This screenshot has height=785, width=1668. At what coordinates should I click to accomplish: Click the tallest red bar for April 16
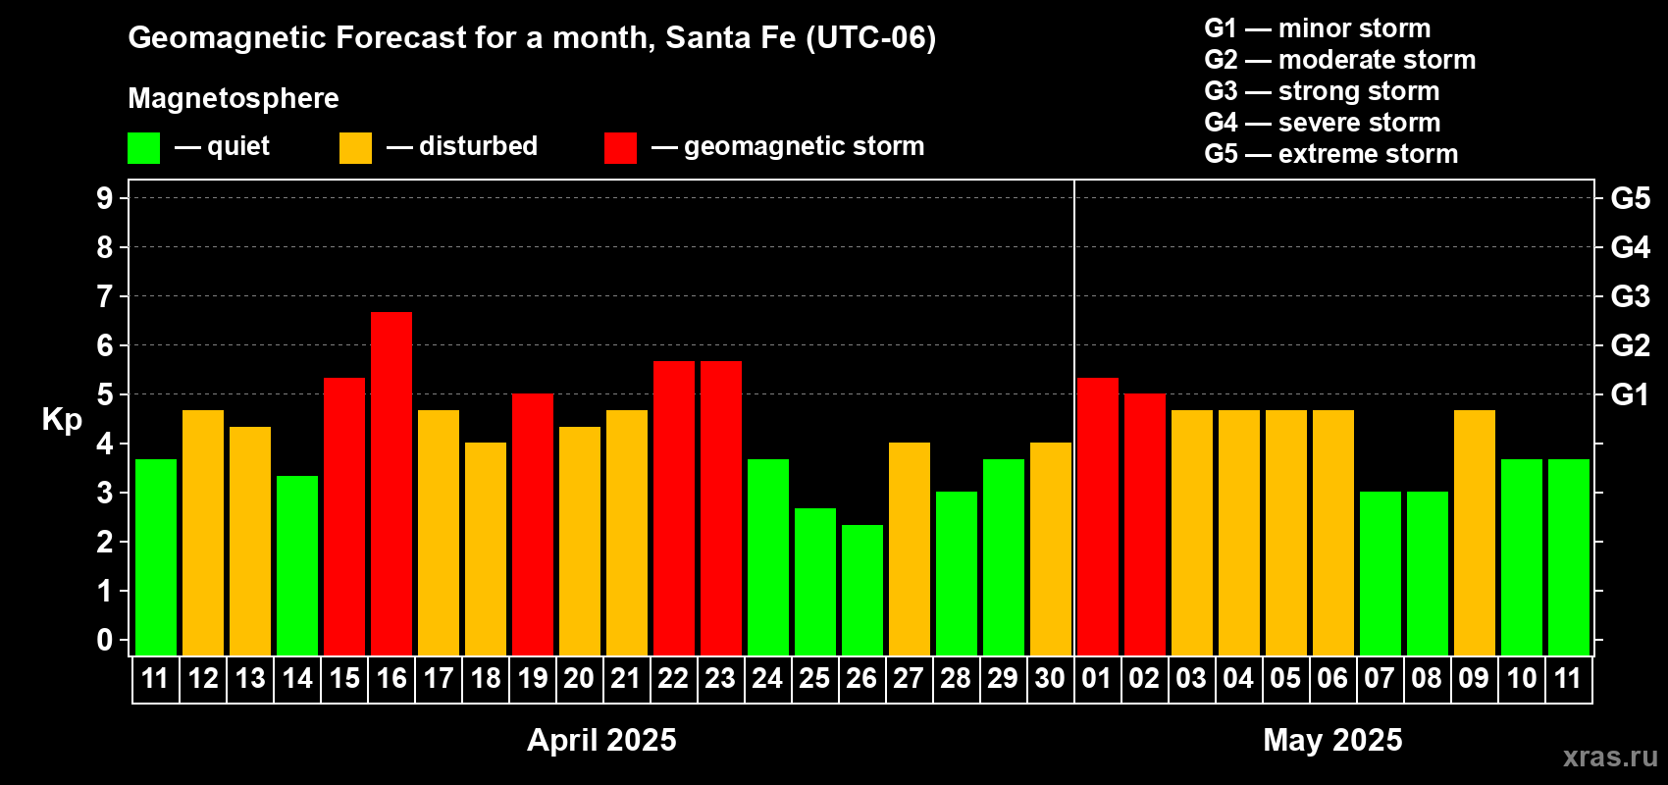[x=391, y=484]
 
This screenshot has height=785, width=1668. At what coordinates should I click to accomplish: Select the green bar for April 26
[x=862, y=590]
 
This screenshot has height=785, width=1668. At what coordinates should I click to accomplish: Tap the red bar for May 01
[x=1098, y=516]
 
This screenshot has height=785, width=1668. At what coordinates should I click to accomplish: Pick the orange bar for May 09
[x=1475, y=533]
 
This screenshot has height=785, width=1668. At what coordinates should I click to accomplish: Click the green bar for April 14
[x=297, y=565]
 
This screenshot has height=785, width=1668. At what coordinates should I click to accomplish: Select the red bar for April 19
[x=533, y=524]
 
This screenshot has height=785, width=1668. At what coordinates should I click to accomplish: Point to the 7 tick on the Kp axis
[x=104, y=296]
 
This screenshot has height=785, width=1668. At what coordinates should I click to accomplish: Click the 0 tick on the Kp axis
[x=104, y=640]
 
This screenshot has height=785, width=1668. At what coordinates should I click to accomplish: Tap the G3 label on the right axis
[x=1631, y=296]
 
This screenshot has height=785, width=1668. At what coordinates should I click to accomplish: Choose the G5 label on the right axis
[x=1631, y=198]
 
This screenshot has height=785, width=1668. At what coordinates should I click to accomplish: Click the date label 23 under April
[x=720, y=678]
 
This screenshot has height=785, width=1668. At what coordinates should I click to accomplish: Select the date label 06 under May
[x=1332, y=678]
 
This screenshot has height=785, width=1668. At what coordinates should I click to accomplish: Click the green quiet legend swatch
[x=143, y=147]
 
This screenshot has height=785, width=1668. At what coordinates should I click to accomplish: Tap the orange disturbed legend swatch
[x=355, y=147]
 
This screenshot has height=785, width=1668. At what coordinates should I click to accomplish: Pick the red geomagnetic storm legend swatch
[x=620, y=147]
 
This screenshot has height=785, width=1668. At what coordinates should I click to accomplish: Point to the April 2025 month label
[x=601, y=740]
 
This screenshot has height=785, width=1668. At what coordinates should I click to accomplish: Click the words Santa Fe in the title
[x=731, y=38]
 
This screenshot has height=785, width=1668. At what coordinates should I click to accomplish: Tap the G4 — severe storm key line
[x=1323, y=122]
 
